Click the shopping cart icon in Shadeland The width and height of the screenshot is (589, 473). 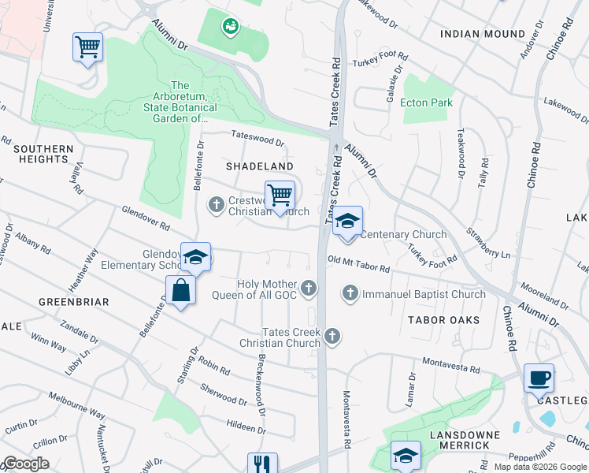click(x=280, y=195)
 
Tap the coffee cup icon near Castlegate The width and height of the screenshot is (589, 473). click(x=539, y=378)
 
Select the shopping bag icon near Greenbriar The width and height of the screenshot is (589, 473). click(x=181, y=289)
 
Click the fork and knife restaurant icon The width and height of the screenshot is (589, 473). click(x=262, y=464)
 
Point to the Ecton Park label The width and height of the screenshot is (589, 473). click(x=427, y=102)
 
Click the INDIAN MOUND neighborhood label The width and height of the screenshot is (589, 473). click(x=483, y=34)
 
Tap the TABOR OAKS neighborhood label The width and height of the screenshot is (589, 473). click(x=443, y=319)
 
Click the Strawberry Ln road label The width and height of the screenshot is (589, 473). click(x=489, y=244)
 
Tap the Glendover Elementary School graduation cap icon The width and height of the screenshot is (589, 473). click(x=195, y=257)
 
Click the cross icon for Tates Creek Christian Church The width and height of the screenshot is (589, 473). click(x=332, y=337)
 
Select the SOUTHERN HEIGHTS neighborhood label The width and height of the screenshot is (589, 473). click(x=43, y=154)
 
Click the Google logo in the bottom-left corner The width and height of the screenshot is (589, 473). click(x=25, y=464)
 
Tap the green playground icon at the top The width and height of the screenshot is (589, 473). click(x=230, y=27)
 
